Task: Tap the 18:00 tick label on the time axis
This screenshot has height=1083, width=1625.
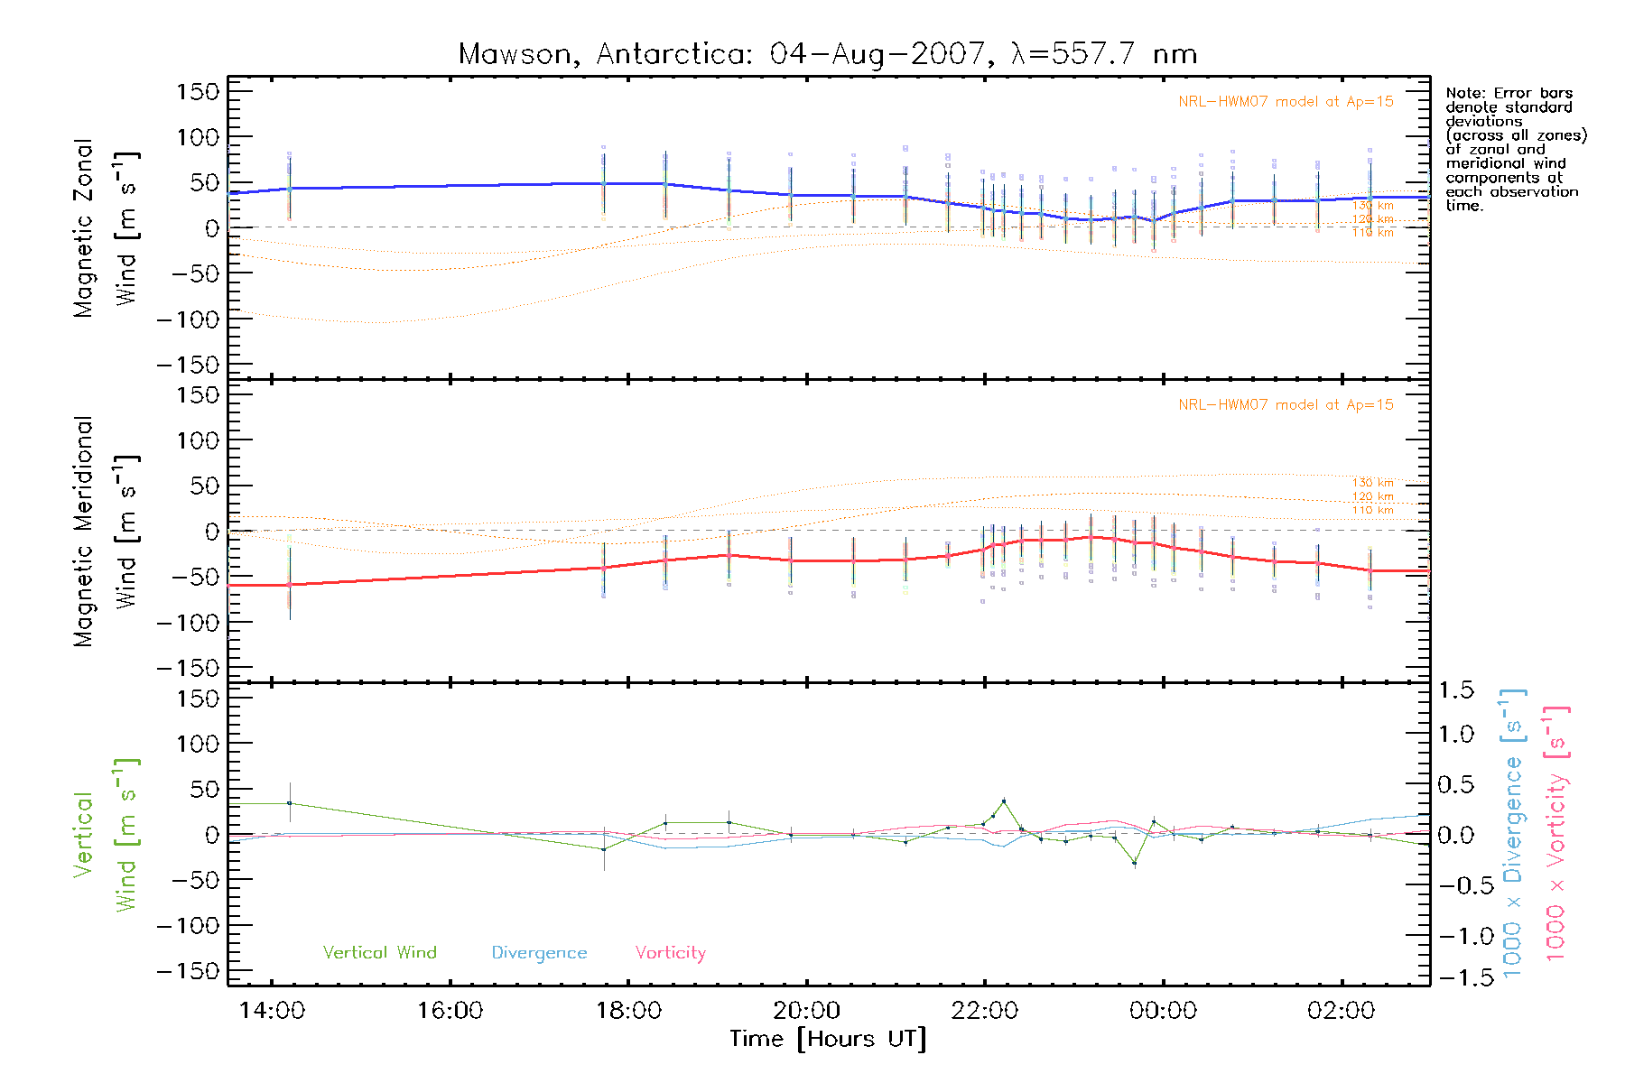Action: coord(628,1011)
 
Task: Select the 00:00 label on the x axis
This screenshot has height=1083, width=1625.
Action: coord(1163,1011)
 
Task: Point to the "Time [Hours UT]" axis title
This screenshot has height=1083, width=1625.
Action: coord(828,1039)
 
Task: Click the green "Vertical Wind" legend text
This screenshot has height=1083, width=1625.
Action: coord(379,952)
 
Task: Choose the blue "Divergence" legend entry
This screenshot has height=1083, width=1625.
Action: coord(539,952)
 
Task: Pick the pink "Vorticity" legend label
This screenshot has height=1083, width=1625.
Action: coord(670,952)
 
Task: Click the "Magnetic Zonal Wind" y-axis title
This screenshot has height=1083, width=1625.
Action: coord(105,227)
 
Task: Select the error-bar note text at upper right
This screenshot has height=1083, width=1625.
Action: coord(1515,149)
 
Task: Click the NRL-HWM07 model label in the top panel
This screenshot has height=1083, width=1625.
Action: coord(1286,102)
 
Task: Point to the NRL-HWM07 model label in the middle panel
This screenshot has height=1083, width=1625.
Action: coord(1286,405)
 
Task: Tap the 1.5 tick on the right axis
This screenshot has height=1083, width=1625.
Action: coord(1456,690)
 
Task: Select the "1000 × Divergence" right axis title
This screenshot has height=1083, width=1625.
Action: coord(1512,832)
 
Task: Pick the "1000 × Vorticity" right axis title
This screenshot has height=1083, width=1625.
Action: coord(1555,832)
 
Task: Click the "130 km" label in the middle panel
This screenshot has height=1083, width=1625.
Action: coord(1372,483)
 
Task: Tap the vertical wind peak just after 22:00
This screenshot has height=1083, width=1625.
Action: coord(1004,801)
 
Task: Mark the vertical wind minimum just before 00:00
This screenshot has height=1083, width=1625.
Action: coord(1135,864)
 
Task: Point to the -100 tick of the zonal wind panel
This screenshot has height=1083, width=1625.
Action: coord(188,319)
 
